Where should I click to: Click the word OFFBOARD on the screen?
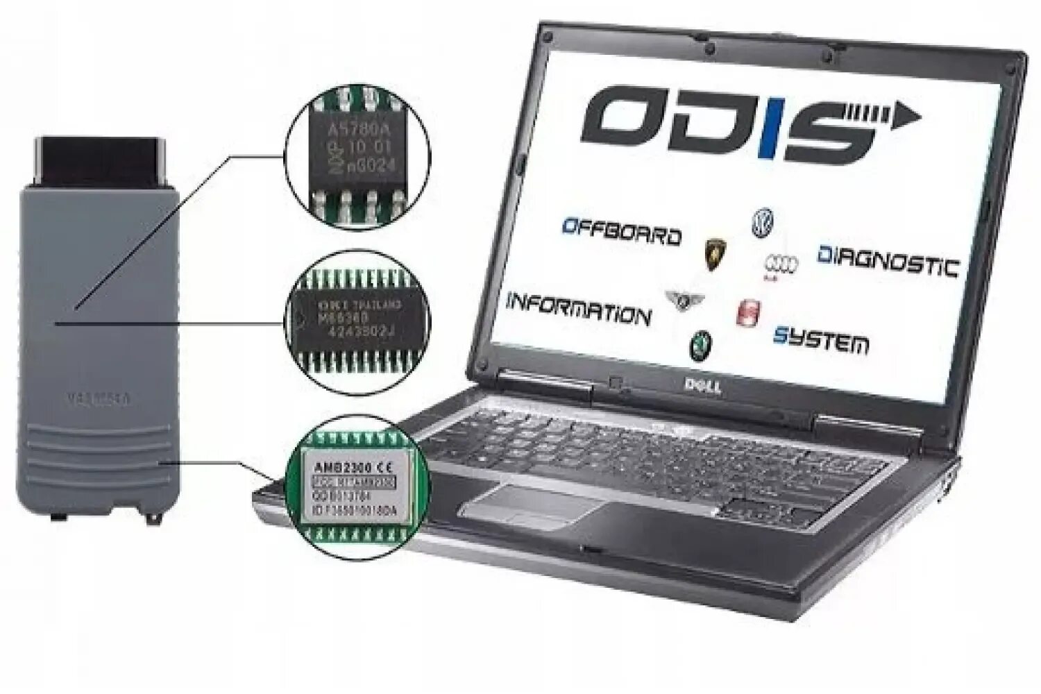pyautogui.click(x=621, y=232)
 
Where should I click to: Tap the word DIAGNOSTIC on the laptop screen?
pyautogui.click(x=888, y=261)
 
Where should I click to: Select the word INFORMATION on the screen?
pyautogui.click(x=578, y=309)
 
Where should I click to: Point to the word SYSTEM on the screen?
pyautogui.click(x=820, y=340)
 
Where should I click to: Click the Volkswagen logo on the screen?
pyautogui.click(x=762, y=223)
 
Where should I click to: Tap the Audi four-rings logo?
pyautogui.click(x=781, y=264)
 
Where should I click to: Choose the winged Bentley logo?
pyautogui.click(x=685, y=300)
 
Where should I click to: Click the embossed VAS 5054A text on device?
pyautogui.click(x=99, y=399)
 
